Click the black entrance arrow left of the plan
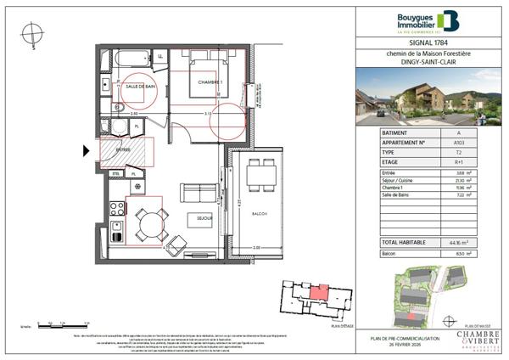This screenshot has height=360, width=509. (86, 152)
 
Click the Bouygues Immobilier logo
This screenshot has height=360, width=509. (428, 21)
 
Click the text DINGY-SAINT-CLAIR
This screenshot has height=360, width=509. (428, 61)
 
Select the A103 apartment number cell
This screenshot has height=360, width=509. (458, 143)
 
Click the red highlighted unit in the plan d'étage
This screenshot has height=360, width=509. (316, 293)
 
